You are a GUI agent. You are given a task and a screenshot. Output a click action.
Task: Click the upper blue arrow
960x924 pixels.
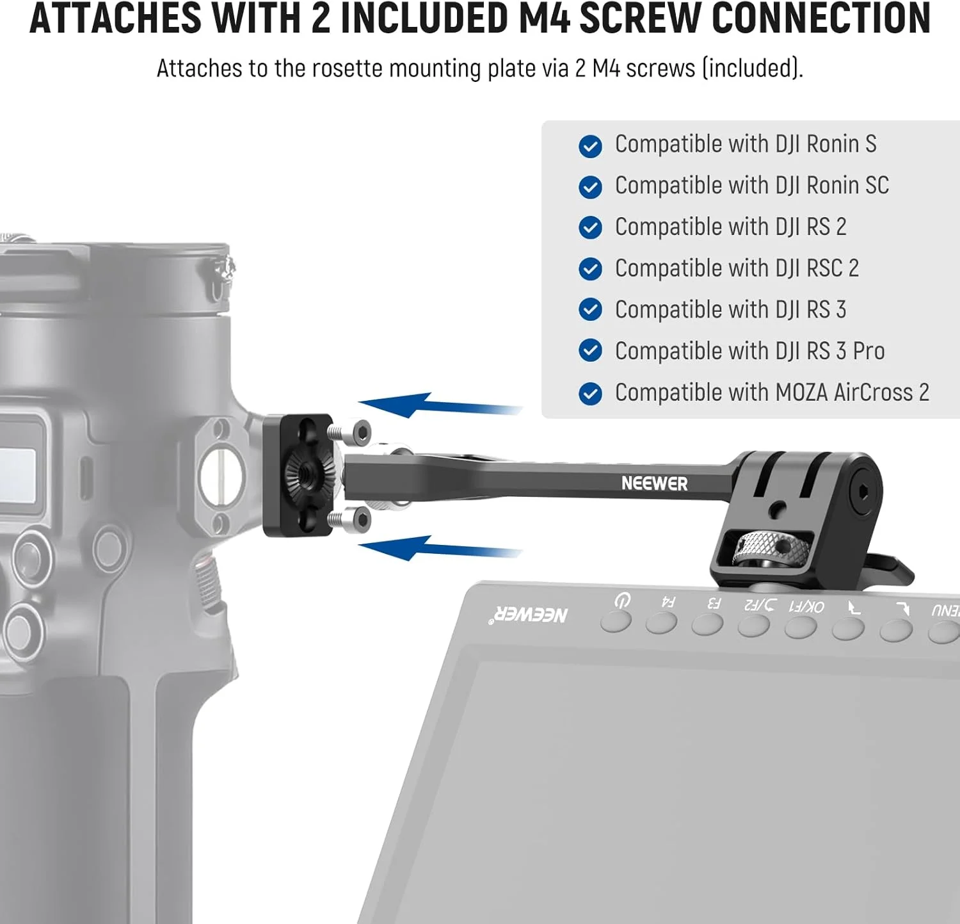(x=440, y=405)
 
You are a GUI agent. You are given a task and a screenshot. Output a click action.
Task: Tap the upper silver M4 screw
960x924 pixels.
(x=350, y=433)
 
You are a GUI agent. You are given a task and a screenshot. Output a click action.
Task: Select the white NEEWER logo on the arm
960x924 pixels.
(x=654, y=483)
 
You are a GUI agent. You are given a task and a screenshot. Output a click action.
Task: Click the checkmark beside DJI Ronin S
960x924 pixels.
(x=590, y=146)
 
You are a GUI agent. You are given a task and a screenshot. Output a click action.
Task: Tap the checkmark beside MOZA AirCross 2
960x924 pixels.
(x=590, y=394)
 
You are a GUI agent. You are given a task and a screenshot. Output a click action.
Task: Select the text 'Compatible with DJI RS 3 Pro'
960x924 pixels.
(x=749, y=351)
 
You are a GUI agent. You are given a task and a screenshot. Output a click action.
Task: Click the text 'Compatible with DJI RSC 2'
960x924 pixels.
(x=737, y=268)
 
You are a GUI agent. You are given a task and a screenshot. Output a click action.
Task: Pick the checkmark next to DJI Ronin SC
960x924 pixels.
(x=590, y=187)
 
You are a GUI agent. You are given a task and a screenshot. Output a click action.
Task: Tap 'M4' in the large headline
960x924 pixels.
(x=544, y=18)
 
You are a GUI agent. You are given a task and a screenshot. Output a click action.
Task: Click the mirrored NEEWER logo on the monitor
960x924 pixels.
(x=529, y=615)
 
